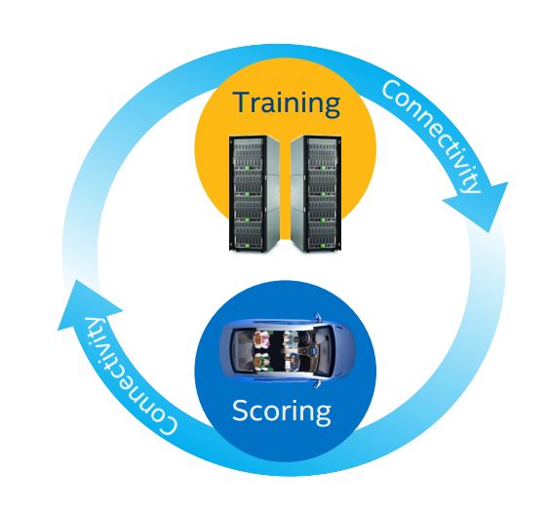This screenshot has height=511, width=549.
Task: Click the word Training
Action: click(287, 104)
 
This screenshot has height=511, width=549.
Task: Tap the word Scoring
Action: click(281, 412)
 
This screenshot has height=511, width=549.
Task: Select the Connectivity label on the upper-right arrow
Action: click(431, 137)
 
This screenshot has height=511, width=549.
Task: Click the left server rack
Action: click(255, 193)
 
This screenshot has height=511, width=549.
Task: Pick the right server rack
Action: click(316, 193)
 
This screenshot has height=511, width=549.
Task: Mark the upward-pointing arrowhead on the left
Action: click(88, 304)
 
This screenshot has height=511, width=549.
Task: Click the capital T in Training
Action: click(244, 102)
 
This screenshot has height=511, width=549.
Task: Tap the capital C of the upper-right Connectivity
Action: click(391, 92)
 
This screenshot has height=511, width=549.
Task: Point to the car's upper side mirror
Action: click(317, 318)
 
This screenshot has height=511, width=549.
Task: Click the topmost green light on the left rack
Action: click(248, 168)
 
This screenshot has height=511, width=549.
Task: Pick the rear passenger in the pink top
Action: click(262, 339)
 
